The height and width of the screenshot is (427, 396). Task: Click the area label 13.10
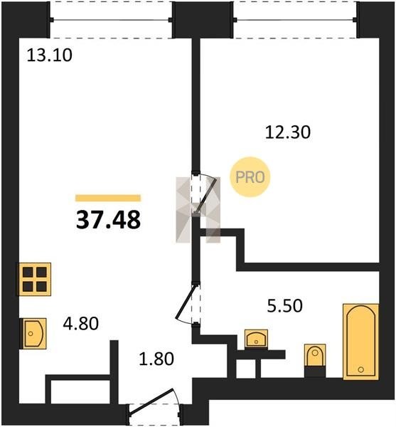click(x=50, y=55)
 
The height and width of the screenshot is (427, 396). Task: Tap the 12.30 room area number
click(x=288, y=132)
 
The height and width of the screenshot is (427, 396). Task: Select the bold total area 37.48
click(x=108, y=220)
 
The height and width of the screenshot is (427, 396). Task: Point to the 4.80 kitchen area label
click(x=81, y=324)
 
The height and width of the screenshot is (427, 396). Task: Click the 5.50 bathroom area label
click(x=285, y=305)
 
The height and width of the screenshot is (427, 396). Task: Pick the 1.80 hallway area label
click(x=156, y=359)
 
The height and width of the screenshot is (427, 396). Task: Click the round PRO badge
click(x=250, y=177)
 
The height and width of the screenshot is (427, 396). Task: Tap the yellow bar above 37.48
click(x=108, y=198)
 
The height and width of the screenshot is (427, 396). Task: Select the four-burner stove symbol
click(x=34, y=279)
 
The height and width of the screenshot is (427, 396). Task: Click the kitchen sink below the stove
click(x=33, y=333)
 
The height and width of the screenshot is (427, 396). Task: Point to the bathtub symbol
click(x=361, y=342)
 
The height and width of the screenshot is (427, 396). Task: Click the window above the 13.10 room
click(x=111, y=20)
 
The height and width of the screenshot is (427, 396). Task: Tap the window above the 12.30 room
click(x=295, y=20)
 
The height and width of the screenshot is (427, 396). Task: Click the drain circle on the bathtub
click(x=361, y=369)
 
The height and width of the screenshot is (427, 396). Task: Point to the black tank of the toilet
click(x=315, y=371)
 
